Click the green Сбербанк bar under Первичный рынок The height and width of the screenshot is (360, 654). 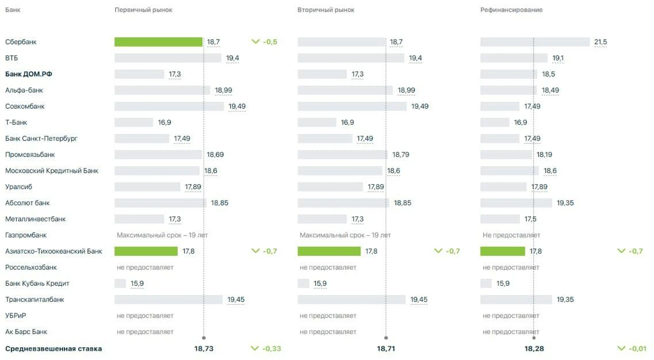(x=159, y=42)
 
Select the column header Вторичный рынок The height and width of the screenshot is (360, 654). (x=326, y=10)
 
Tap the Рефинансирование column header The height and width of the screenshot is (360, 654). (x=511, y=10)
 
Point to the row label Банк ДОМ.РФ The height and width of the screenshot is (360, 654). (x=28, y=74)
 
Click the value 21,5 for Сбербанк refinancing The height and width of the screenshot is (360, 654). (x=600, y=42)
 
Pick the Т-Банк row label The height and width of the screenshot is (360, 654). (x=16, y=122)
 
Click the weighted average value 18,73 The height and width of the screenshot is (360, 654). (x=204, y=348)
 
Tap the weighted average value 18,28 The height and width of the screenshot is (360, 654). (x=534, y=348)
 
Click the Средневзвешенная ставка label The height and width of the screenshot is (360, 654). (x=53, y=348)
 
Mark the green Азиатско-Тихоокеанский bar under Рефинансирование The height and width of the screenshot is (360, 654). (x=503, y=251)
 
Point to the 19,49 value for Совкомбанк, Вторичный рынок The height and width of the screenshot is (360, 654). (x=419, y=106)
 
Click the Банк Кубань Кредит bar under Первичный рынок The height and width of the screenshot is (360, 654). (x=120, y=284)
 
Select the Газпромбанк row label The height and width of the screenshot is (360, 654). (x=26, y=235)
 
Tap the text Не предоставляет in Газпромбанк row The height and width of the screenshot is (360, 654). (x=511, y=235)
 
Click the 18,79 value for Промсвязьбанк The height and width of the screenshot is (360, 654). (x=400, y=155)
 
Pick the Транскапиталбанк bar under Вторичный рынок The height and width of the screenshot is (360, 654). (x=351, y=300)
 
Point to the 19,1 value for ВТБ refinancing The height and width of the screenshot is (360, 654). (x=558, y=58)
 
